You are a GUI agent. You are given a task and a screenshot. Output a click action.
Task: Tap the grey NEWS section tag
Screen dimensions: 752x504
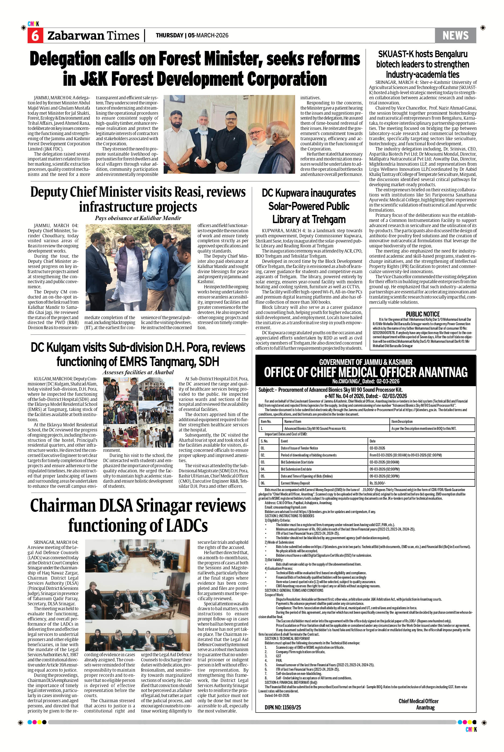[x=455, y=35]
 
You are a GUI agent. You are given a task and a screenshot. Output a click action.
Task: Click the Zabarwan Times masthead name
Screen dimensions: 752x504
[x=93, y=35]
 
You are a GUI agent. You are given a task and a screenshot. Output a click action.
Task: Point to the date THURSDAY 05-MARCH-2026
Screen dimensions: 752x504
[x=192, y=35]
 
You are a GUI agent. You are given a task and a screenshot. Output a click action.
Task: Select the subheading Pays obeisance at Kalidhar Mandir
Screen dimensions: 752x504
[x=138, y=218]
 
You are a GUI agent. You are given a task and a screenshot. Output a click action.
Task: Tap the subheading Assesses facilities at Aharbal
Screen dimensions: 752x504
[x=138, y=372]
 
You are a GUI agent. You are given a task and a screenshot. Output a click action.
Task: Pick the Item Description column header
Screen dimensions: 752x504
[x=402, y=421]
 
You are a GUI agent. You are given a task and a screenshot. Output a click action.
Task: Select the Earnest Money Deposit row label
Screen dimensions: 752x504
[x=295, y=483]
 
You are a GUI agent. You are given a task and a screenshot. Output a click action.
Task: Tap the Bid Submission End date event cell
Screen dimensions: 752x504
[x=295, y=469]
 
